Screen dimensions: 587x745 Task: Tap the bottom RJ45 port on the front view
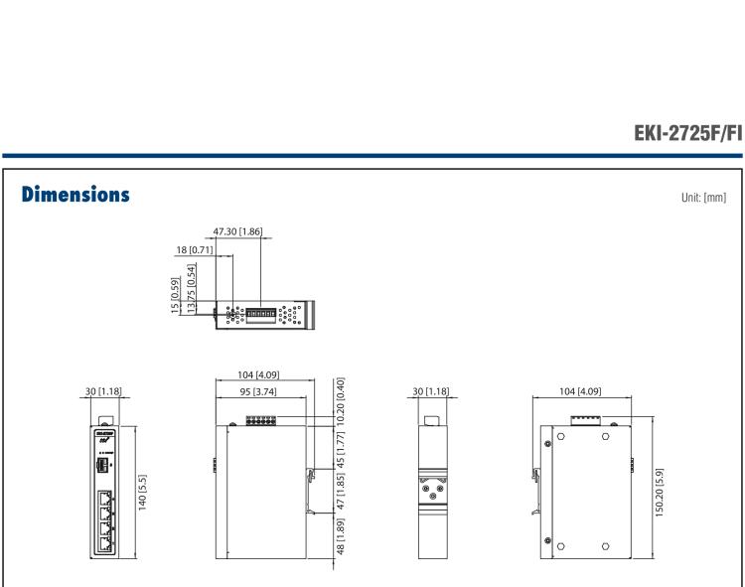[105, 539]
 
